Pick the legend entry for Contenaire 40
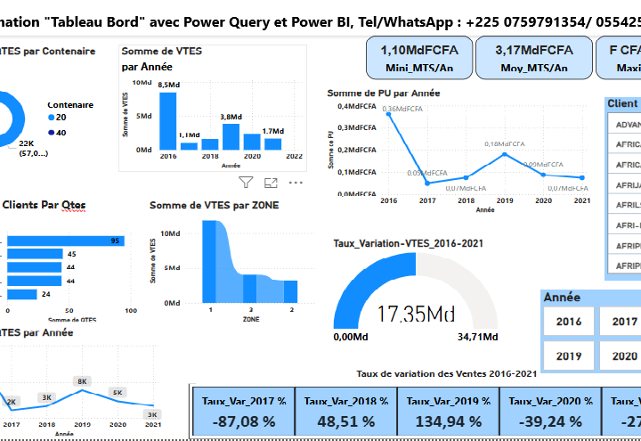(55, 133)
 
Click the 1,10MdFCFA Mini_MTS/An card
(414, 58)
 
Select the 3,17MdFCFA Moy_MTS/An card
(532, 58)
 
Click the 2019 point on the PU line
(505, 154)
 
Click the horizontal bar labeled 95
(66, 241)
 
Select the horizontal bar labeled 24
(22, 293)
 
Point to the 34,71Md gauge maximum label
(477, 338)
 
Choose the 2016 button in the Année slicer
(568, 322)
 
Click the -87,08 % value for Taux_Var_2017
(243, 421)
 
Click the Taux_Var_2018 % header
(345, 401)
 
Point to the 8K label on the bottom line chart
(82, 380)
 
